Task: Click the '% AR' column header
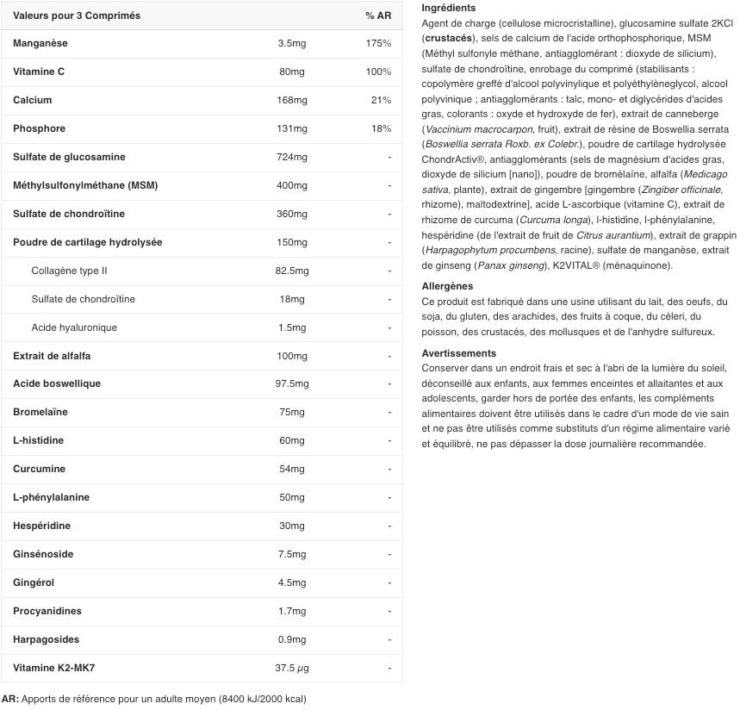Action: coord(377,16)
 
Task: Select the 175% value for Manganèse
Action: coord(378,43)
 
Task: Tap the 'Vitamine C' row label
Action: coord(39,72)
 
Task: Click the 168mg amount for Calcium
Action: coord(292,100)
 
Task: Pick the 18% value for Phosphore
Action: coord(381,128)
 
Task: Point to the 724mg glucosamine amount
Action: coord(292,157)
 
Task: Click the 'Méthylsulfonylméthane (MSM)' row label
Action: coord(85,185)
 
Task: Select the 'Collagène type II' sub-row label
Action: coord(69,271)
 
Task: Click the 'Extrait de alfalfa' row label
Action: coord(52,356)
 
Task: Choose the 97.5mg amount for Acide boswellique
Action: coord(292,383)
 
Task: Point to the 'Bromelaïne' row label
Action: coord(40,412)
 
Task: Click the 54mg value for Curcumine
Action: coord(292,469)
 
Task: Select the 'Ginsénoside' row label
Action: coord(43,554)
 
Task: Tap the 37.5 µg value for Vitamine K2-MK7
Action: coord(292,668)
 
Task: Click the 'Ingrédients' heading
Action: coord(448,8)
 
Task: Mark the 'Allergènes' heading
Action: coord(447,286)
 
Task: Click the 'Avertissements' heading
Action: coord(458,353)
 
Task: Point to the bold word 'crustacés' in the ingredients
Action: coord(447,39)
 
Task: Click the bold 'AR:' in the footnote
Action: coord(10,699)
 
